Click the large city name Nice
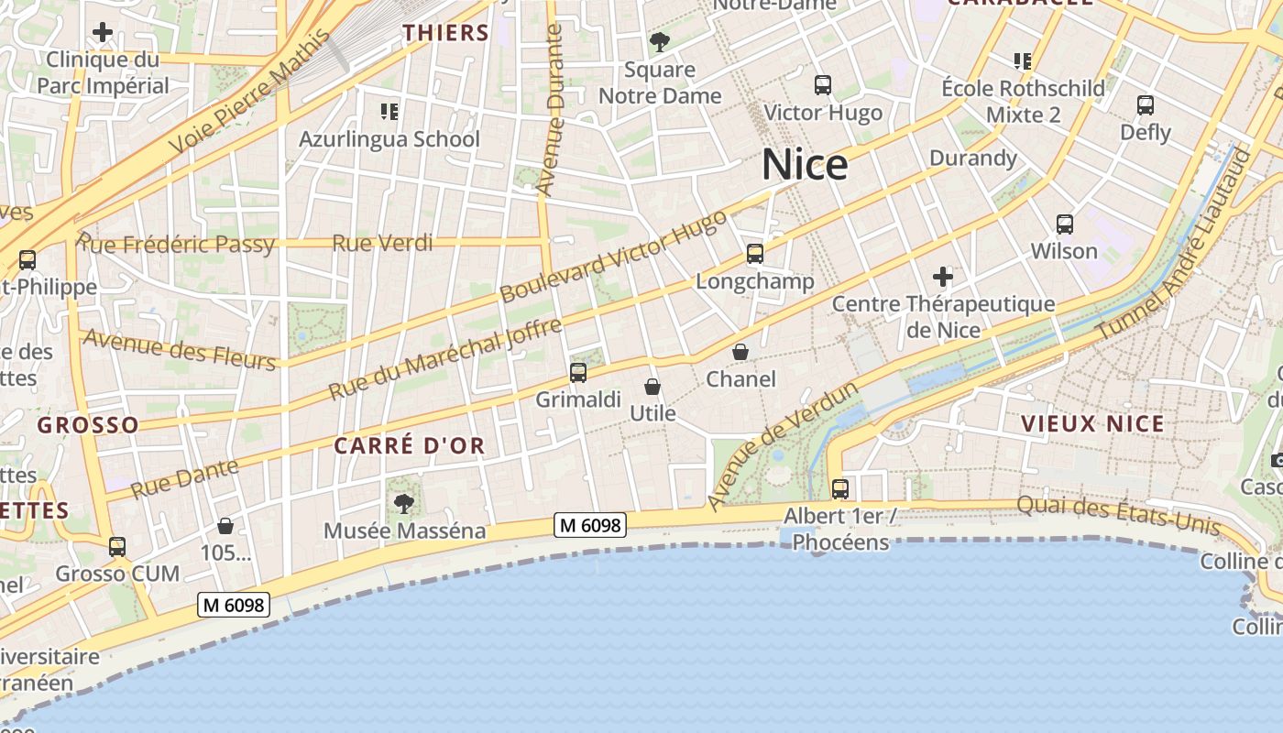(805, 165)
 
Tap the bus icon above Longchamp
(754, 254)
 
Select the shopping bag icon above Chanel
(740, 352)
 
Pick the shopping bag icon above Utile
(652, 387)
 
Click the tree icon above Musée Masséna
(403, 503)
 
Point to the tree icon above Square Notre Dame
(659, 41)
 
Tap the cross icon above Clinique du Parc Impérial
(103, 33)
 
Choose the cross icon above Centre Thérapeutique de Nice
(943, 276)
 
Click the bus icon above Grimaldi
(578, 372)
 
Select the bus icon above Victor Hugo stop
(823, 85)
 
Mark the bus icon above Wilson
(1065, 224)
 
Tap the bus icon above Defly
(1146, 104)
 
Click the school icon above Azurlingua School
(389, 112)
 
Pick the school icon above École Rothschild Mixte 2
(1023, 61)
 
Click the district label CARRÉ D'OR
(409, 446)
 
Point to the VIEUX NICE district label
(1092, 423)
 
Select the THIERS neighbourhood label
(446, 33)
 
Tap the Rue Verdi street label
(382, 243)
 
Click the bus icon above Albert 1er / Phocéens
(840, 488)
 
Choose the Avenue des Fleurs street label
(180, 349)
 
